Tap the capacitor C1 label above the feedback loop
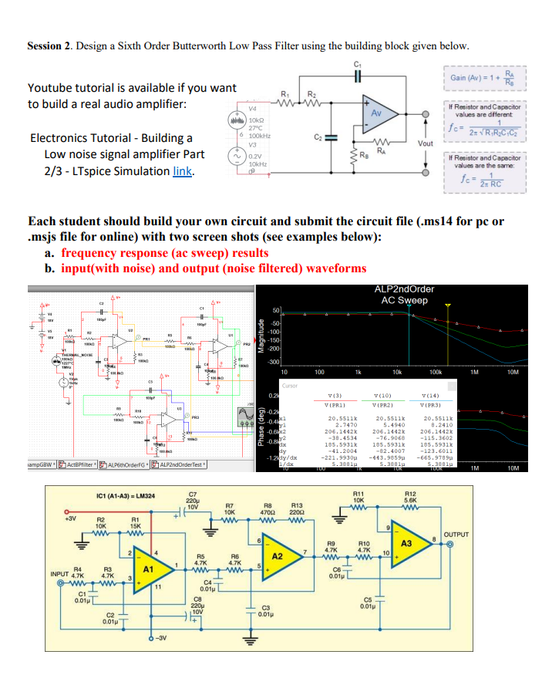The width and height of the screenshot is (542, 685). [356, 63]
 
